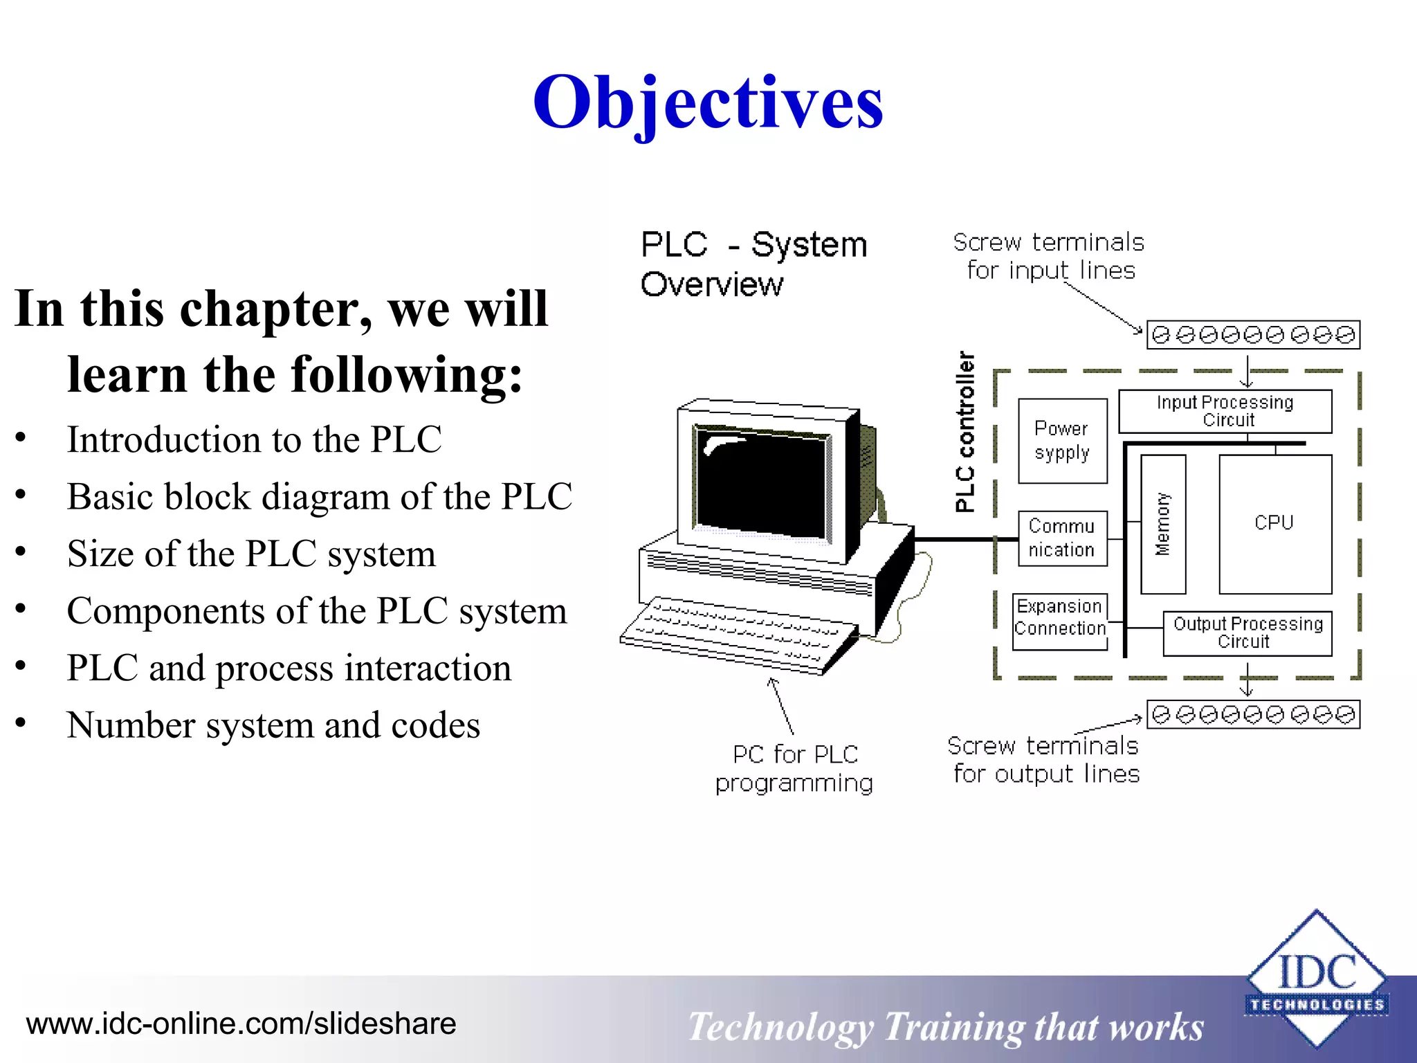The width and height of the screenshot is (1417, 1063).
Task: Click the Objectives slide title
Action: pos(708,102)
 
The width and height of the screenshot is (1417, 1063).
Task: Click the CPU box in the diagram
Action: pos(1274,523)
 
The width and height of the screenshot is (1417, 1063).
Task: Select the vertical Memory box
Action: pos(1163,524)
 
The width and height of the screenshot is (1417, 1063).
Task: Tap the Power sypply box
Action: pos(1062,441)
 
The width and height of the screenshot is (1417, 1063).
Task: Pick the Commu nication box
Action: pos(1062,538)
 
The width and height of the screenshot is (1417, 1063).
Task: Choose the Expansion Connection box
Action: pos(1059,621)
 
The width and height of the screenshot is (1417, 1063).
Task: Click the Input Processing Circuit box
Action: pos(1225,411)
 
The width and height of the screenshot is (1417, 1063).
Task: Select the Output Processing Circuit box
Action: pos(1247,633)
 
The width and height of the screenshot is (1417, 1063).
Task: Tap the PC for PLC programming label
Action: pos(794,768)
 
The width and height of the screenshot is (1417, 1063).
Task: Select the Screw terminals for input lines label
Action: pos(1049,256)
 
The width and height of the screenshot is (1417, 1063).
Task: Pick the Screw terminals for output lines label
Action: pos(1044,760)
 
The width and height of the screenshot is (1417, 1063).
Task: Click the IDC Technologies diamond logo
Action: pos(1316,979)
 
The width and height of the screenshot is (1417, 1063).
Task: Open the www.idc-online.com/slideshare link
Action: pos(241,1024)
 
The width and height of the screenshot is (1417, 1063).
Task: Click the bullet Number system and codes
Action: pos(273,725)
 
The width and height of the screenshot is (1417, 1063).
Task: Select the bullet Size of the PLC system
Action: pos(251,554)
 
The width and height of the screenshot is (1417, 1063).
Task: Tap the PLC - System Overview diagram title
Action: pos(753,264)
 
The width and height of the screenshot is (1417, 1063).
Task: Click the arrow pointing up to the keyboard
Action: pos(781,706)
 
